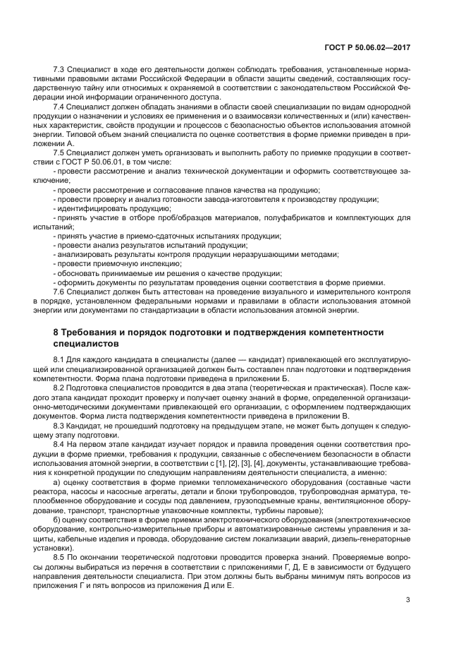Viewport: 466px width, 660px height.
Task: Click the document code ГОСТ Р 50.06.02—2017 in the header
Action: [374, 47]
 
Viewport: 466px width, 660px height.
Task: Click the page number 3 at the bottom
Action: [408, 600]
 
